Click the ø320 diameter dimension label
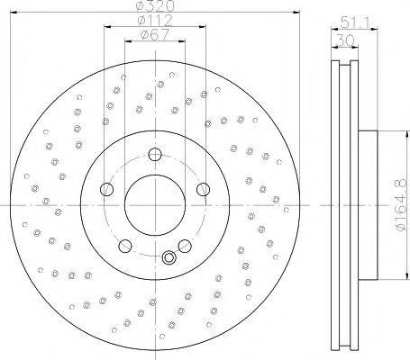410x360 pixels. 155,5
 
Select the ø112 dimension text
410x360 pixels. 155,20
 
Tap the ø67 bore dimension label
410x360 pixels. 155,35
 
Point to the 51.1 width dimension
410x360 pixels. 355,22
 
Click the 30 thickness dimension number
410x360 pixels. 345,40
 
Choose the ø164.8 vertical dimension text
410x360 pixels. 402,205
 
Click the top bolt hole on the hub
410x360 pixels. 155,155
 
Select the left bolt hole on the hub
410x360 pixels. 106,190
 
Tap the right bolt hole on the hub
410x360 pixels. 203,189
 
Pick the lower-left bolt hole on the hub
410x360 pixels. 125,246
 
